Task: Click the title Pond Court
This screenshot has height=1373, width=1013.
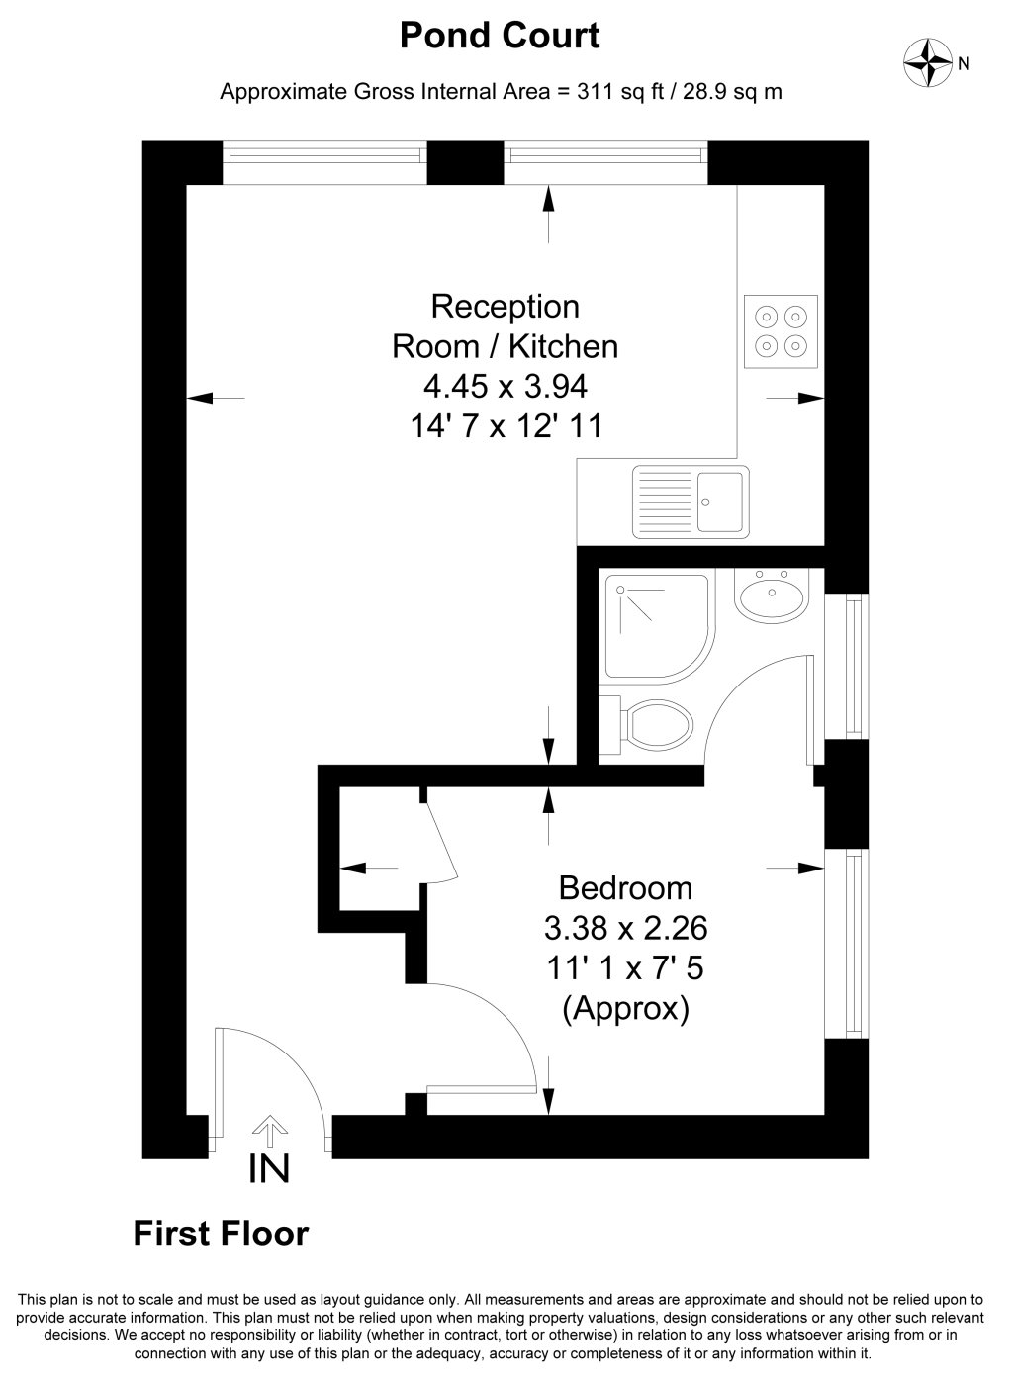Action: [500, 36]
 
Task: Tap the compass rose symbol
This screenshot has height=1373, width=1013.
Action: [928, 62]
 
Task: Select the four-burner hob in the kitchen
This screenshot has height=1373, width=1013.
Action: [782, 331]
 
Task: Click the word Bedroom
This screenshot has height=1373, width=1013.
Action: [625, 886]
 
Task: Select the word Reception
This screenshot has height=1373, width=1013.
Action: [505, 307]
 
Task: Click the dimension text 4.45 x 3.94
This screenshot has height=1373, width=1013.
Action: [505, 386]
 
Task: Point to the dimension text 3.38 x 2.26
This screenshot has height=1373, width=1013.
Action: [625, 928]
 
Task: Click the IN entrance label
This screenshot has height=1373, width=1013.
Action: [269, 1169]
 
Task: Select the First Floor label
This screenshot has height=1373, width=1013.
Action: [221, 1234]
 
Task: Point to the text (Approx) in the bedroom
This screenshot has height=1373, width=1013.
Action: [625, 1010]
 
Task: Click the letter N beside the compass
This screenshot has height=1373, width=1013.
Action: [964, 64]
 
